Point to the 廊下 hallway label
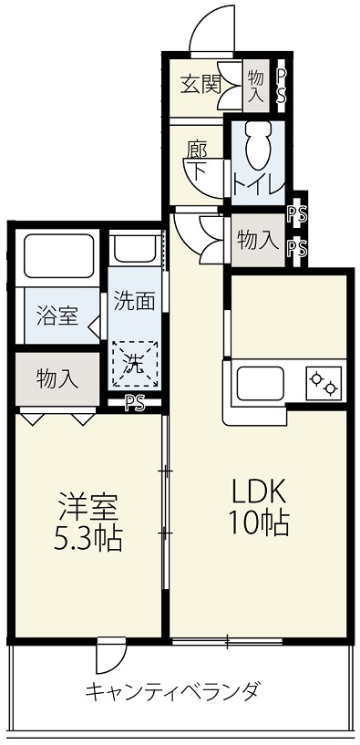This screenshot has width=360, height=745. point(197,162)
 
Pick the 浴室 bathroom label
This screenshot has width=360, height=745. point(57,317)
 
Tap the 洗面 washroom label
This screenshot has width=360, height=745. point(134,302)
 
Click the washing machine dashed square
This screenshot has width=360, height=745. point(135,364)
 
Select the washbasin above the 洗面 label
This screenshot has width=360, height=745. point(135,248)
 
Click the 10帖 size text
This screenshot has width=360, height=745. point(259,522)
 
